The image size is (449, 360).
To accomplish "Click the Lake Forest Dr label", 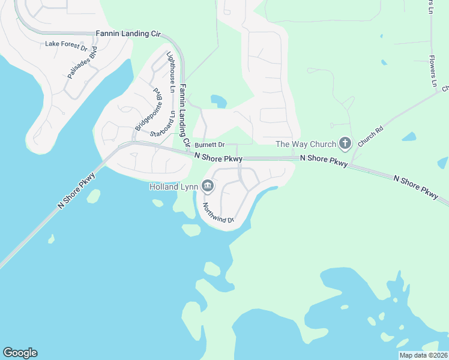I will (x=67, y=44).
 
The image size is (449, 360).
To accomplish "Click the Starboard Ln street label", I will (x=163, y=124).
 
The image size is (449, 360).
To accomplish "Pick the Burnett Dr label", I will (x=209, y=145).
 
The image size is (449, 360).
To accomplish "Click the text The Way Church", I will (x=306, y=144).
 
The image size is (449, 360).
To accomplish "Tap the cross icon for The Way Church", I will (x=345, y=143).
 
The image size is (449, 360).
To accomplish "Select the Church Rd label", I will (x=370, y=136).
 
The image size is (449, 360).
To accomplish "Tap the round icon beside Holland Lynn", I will (x=208, y=187).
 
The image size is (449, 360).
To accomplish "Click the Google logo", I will (x=20, y=353).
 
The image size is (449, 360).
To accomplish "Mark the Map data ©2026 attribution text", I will (x=423, y=355).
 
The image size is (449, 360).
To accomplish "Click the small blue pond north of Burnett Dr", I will (x=218, y=101).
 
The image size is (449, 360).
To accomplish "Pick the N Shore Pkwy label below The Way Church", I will (x=324, y=162).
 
